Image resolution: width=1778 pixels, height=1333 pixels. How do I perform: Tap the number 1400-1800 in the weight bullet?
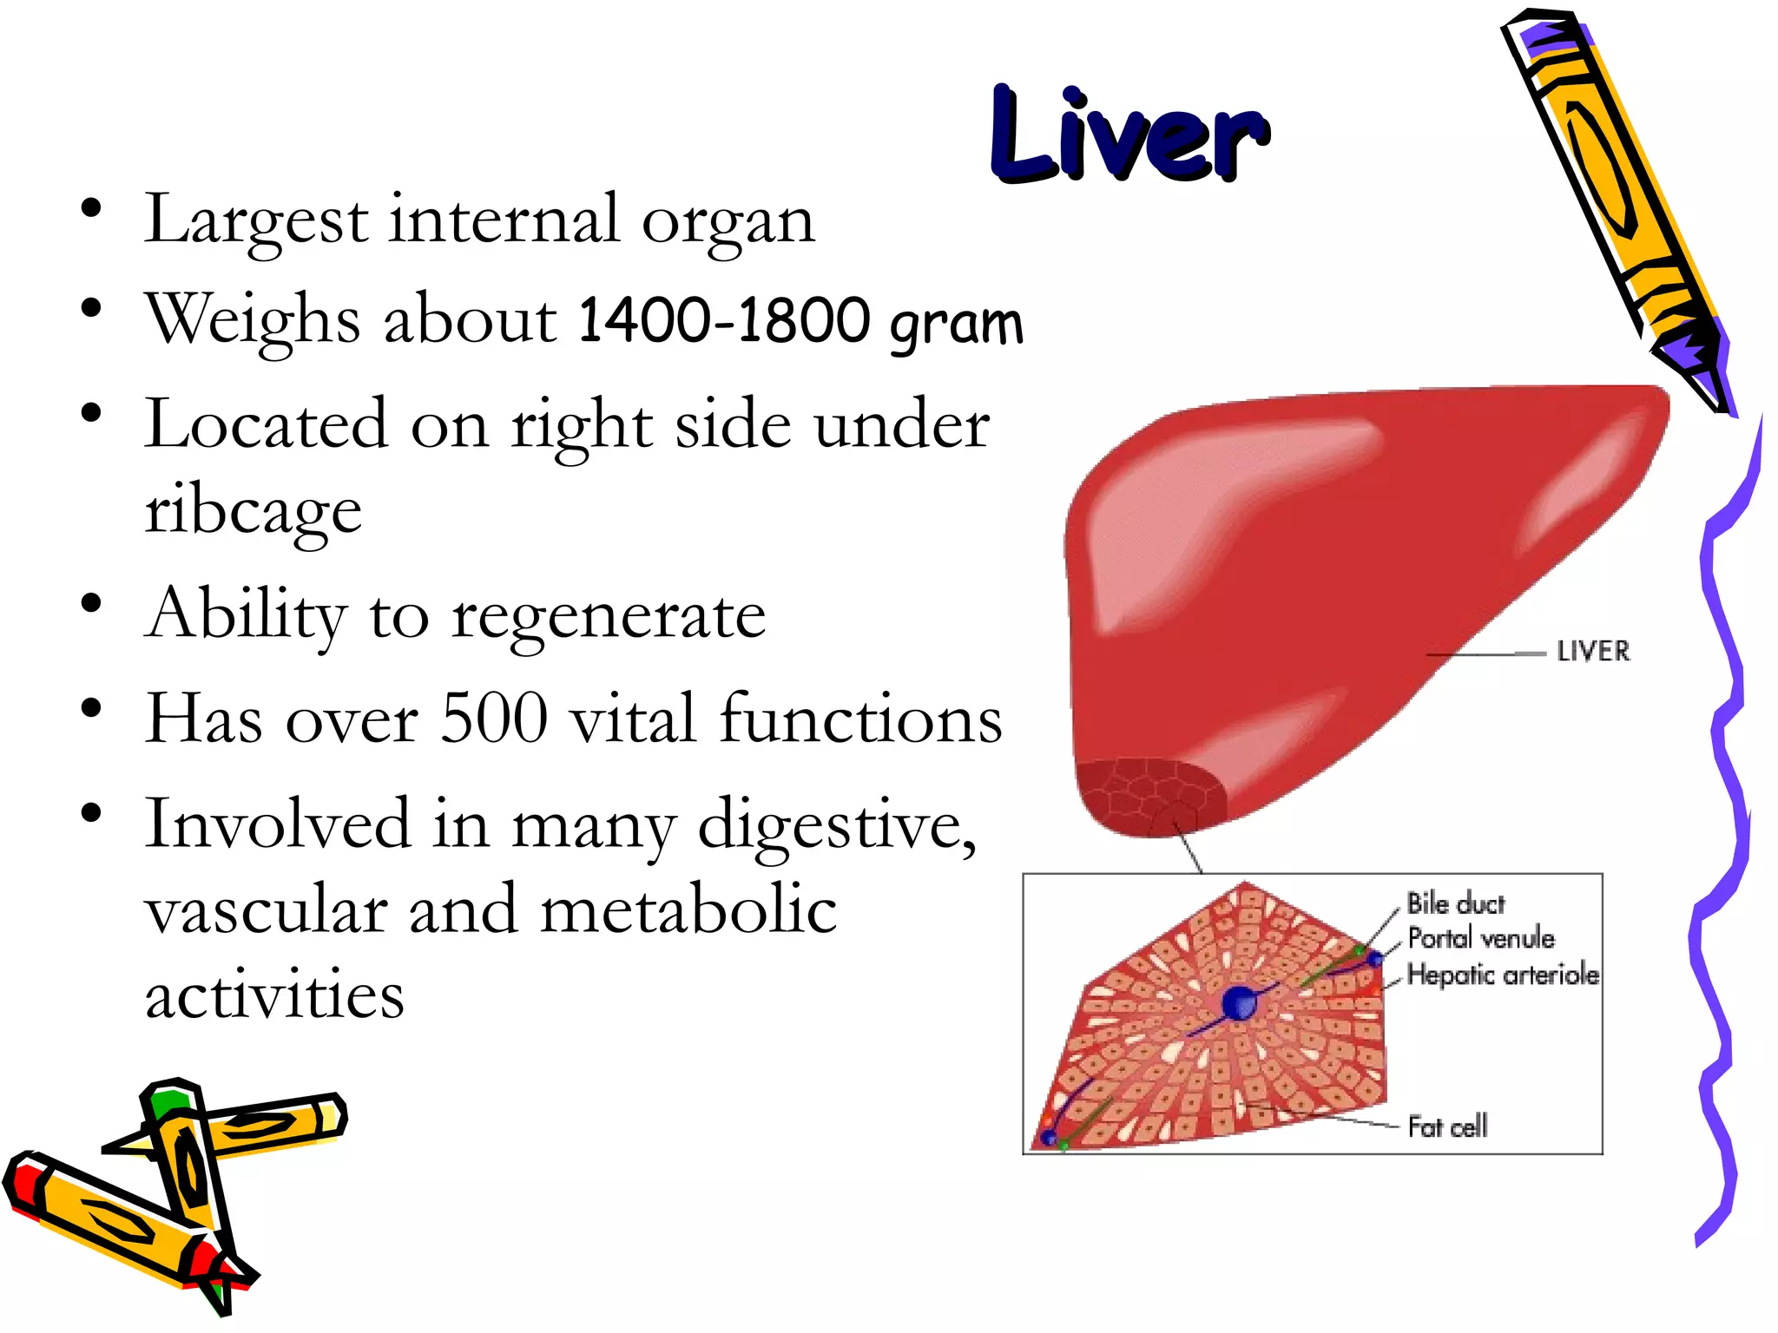723,321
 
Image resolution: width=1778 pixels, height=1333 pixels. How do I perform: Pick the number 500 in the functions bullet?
494,719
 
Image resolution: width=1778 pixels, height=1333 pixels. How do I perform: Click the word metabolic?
688,911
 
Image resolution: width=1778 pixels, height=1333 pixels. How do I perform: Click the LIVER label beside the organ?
1593,652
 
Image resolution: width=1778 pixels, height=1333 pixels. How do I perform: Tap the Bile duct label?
1456,904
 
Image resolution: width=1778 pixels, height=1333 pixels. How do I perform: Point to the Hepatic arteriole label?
1503,975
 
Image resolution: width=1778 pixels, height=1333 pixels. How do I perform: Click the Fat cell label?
1447,1126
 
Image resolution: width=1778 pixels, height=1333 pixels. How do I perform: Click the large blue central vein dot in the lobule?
1239,1004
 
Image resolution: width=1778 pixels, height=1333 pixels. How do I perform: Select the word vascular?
266,911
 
